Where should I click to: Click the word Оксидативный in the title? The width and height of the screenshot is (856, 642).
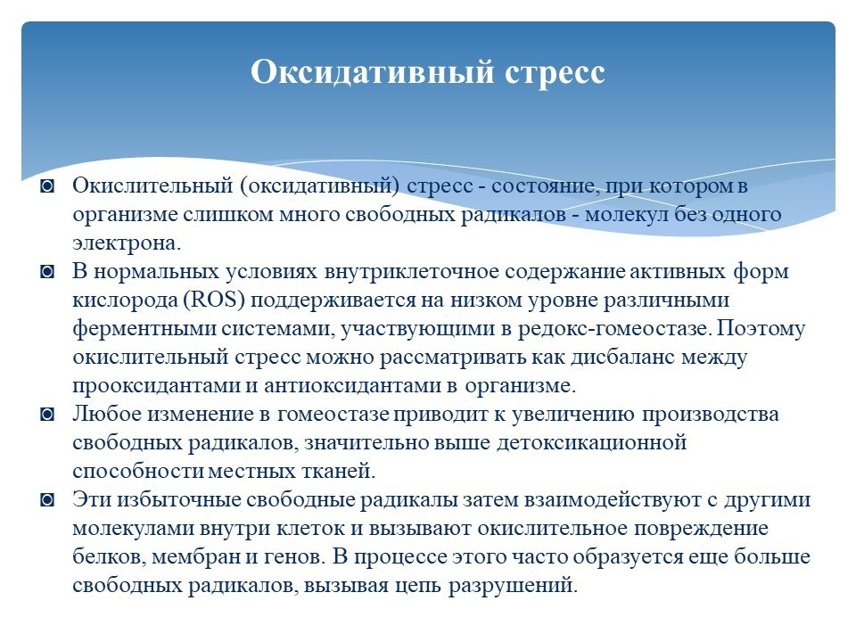click(373, 72)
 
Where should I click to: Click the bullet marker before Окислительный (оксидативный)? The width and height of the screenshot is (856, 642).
click(47, 186)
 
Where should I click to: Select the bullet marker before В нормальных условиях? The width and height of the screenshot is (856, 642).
click(47, 271)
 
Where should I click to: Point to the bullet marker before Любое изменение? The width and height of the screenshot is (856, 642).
click(47, 415)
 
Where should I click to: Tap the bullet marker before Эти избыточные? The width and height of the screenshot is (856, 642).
click(47, 499)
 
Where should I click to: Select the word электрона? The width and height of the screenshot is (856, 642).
click(126, 243)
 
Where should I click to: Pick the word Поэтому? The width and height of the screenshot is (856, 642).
click(761, 329)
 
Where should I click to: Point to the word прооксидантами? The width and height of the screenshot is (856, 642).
click(156, 386)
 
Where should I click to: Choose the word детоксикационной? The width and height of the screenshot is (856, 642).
click(591, 442)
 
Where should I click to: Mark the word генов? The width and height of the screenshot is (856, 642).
click(295, 557)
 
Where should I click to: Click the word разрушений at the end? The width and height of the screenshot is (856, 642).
click(513, 586)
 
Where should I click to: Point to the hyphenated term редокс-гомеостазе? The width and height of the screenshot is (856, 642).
click(614, 329)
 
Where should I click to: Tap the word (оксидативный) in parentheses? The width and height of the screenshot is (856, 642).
click(320, 186)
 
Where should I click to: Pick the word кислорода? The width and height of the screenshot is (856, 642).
click(125, 300)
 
